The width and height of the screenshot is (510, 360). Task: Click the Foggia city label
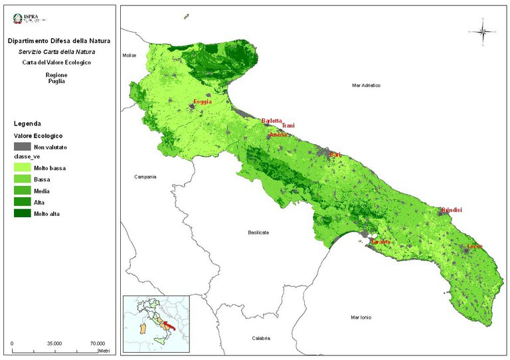pyautogui.click(x=203, y=102)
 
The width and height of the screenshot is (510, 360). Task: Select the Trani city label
pyautogui.click(x=288, y=126)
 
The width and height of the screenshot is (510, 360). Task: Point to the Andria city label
pyautogui.click(x=278, y=135)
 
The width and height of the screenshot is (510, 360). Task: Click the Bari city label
pyautogui.click(x=335, y=155)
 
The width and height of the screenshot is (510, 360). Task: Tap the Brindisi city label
pyautogui.click(x=452, y=211)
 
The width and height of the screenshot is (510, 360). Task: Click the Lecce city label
pyautogui.click(x=475, y=247)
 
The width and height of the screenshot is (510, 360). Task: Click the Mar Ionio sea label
pyautogui.click(x=363, y=318)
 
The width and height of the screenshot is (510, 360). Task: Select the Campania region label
pyautogui.click(x=145, y=177)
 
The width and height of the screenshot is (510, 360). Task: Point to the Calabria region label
pyautogui.click(x=262, y=339)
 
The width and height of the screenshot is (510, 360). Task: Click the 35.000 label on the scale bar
pyautogui.click(x=54, y=343)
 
